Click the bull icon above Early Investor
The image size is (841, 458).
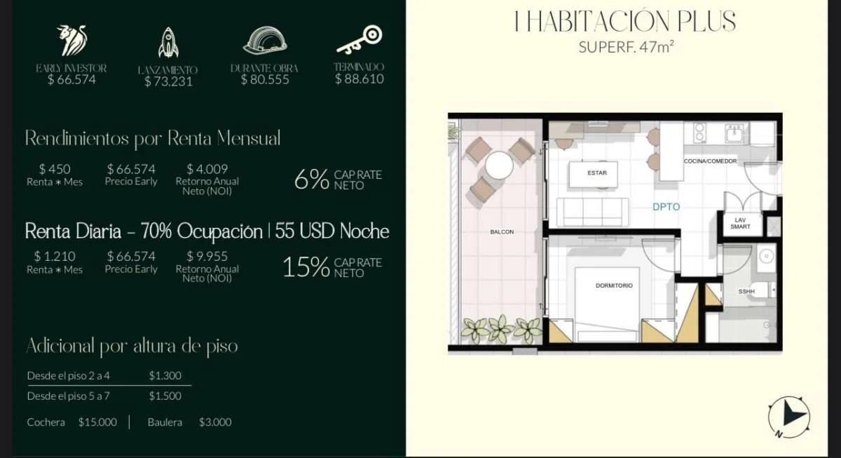tap(71, 40)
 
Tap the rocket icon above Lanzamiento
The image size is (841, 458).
tap(168, 43)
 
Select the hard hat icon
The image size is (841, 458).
tap(265, 40)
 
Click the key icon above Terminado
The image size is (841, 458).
tap(360, 39)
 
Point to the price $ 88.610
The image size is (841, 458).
tap(360, 79)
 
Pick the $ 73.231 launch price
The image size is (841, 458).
tap(168, 81)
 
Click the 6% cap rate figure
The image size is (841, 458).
tap(312, 180)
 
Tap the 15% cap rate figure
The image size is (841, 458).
tap(306, 267)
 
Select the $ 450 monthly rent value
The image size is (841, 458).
tap(55, 169)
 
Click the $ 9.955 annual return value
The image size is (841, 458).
tap(207, 256)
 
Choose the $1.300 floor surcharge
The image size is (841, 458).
tap(165, 375)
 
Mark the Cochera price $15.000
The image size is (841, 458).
tap(97, 422)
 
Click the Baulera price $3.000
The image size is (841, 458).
tap(215, 422)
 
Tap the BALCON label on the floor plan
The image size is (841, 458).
tap(502, 232)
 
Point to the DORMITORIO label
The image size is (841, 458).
tap(614, 285)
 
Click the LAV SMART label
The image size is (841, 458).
tap(740, 223)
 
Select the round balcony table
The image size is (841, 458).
tap(499, 166)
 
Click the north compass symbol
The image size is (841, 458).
tap(789, 417)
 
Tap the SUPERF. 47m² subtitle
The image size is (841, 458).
tap(626, 47)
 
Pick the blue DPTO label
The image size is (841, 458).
tap(666, 207)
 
